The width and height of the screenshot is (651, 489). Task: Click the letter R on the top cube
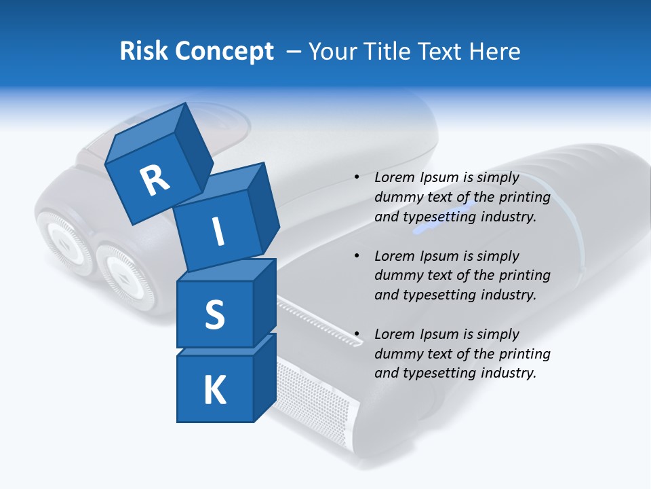(155, 180)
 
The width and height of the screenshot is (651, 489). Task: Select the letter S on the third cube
(214, 314)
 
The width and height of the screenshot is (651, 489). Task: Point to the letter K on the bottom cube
(214, 390)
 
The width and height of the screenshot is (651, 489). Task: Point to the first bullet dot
(357, 177)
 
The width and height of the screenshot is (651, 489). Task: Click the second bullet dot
(357, 256)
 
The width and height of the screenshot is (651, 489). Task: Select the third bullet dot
(357, 334)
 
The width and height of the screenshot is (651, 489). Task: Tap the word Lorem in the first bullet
(394, 177)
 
